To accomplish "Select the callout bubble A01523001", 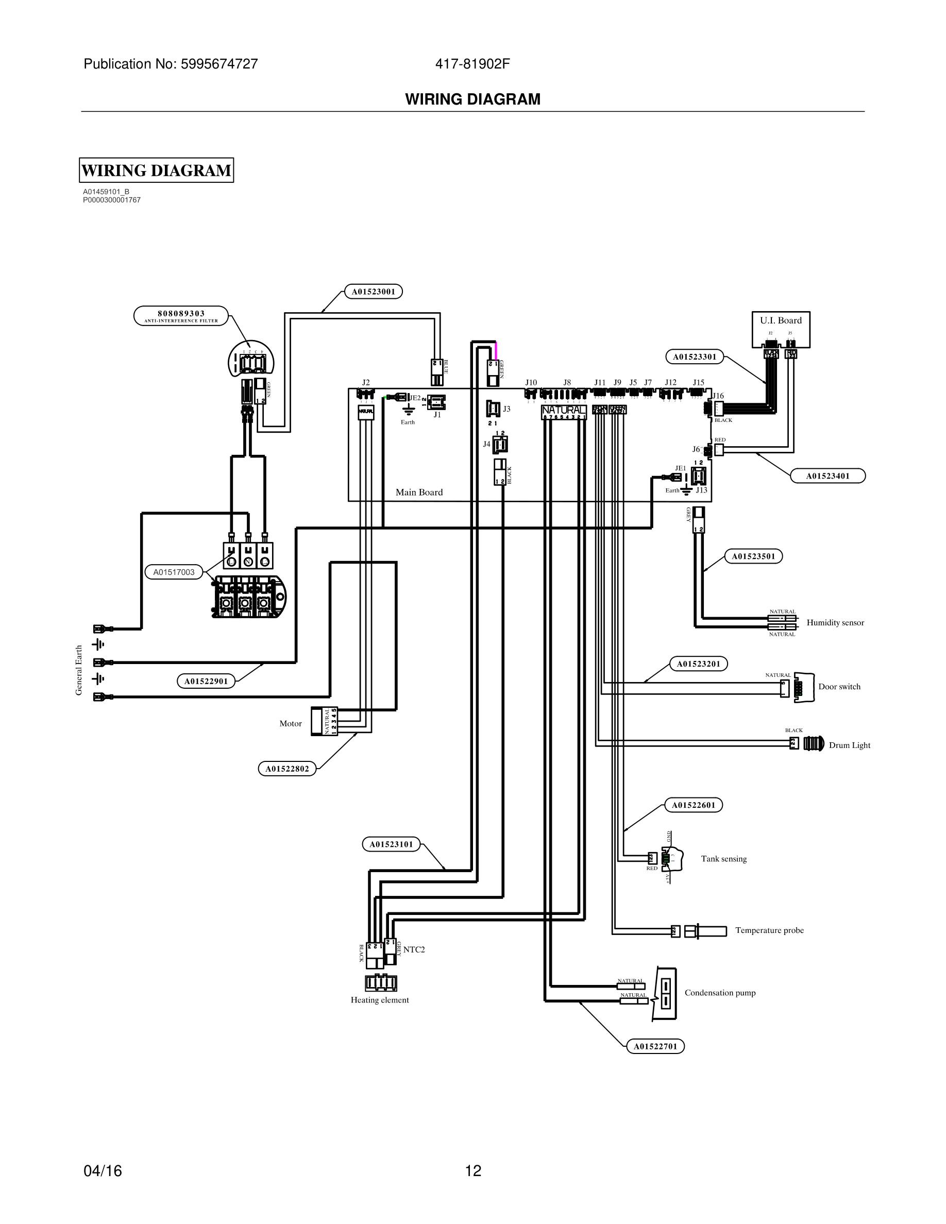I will (x=373, y=292).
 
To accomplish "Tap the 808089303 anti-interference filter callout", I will (x=181, y=315).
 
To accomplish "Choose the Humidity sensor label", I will (x=835, y=623).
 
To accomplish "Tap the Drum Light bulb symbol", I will (x=814, y=744).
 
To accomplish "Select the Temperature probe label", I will (x=769, y=930).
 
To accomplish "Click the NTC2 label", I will (x=414, y=949).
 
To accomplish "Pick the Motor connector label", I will (x=290, y=723).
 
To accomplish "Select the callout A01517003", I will (x=174, y=572).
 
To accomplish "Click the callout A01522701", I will (x=654, y=1046).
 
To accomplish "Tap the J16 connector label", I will (x=718, y=396).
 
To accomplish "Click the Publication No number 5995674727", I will (x=218, y=64).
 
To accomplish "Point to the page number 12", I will (x=473, y=1171).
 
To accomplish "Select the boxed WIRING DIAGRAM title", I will (x=156, y=171).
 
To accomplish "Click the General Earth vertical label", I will (x=79, y=670).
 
